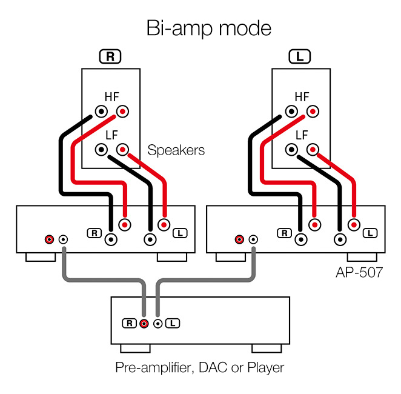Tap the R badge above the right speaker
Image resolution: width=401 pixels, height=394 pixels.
click(x=110, y=57)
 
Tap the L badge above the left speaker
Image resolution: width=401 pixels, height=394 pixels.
click(x=300, y=57)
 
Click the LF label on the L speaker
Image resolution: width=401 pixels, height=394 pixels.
click(x=302, y=135)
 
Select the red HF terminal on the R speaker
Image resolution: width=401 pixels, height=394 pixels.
click(x=123, y=112)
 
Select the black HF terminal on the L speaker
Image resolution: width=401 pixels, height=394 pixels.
click(x=292, y=112)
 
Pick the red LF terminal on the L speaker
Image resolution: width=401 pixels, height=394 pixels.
click(x=313, y=149)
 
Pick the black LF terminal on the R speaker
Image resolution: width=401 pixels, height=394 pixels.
click(x=102, y=149)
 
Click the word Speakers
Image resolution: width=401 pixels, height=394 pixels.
click(x=176, y=150)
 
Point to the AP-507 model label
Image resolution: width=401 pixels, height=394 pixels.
click(x=359, y=272)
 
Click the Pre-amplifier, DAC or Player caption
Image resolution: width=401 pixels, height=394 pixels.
click(x=200, y=367)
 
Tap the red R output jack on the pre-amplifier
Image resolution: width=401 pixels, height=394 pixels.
click(x=144, y=323)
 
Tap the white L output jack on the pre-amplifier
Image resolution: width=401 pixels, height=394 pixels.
click(x=157, y=323)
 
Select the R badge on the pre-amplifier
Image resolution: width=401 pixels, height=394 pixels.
click(x=130, y=323)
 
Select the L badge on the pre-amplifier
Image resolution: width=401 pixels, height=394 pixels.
click(x=172, y=323)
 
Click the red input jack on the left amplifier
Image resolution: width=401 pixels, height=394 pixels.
click(x=49, y=239)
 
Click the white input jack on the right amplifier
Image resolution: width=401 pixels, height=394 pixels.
click(x=253, y=239)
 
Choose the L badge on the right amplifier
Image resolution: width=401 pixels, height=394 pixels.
click(x=370, y=232)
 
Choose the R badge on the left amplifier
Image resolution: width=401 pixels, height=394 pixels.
click(x=94, y=232)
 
